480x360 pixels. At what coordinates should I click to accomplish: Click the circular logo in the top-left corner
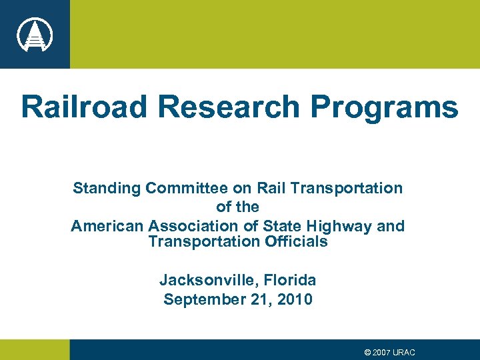pyautogui.click(x=35, y=34)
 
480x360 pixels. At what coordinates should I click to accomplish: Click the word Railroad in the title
pyautogui.click(x=87, y=107)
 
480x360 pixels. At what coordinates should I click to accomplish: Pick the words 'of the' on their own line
pyautogui.click(x=237, y=207)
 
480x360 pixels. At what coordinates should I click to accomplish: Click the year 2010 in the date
pyautogui.click(x=294, y=299)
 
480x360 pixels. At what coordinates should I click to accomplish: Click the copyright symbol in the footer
pyautogui.click(x=368, y=352)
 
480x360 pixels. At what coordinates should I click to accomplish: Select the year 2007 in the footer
pyautogui.click(x=383, y=352)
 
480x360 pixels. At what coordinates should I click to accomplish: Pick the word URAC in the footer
pyautogui.click(x=405, y=352)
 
